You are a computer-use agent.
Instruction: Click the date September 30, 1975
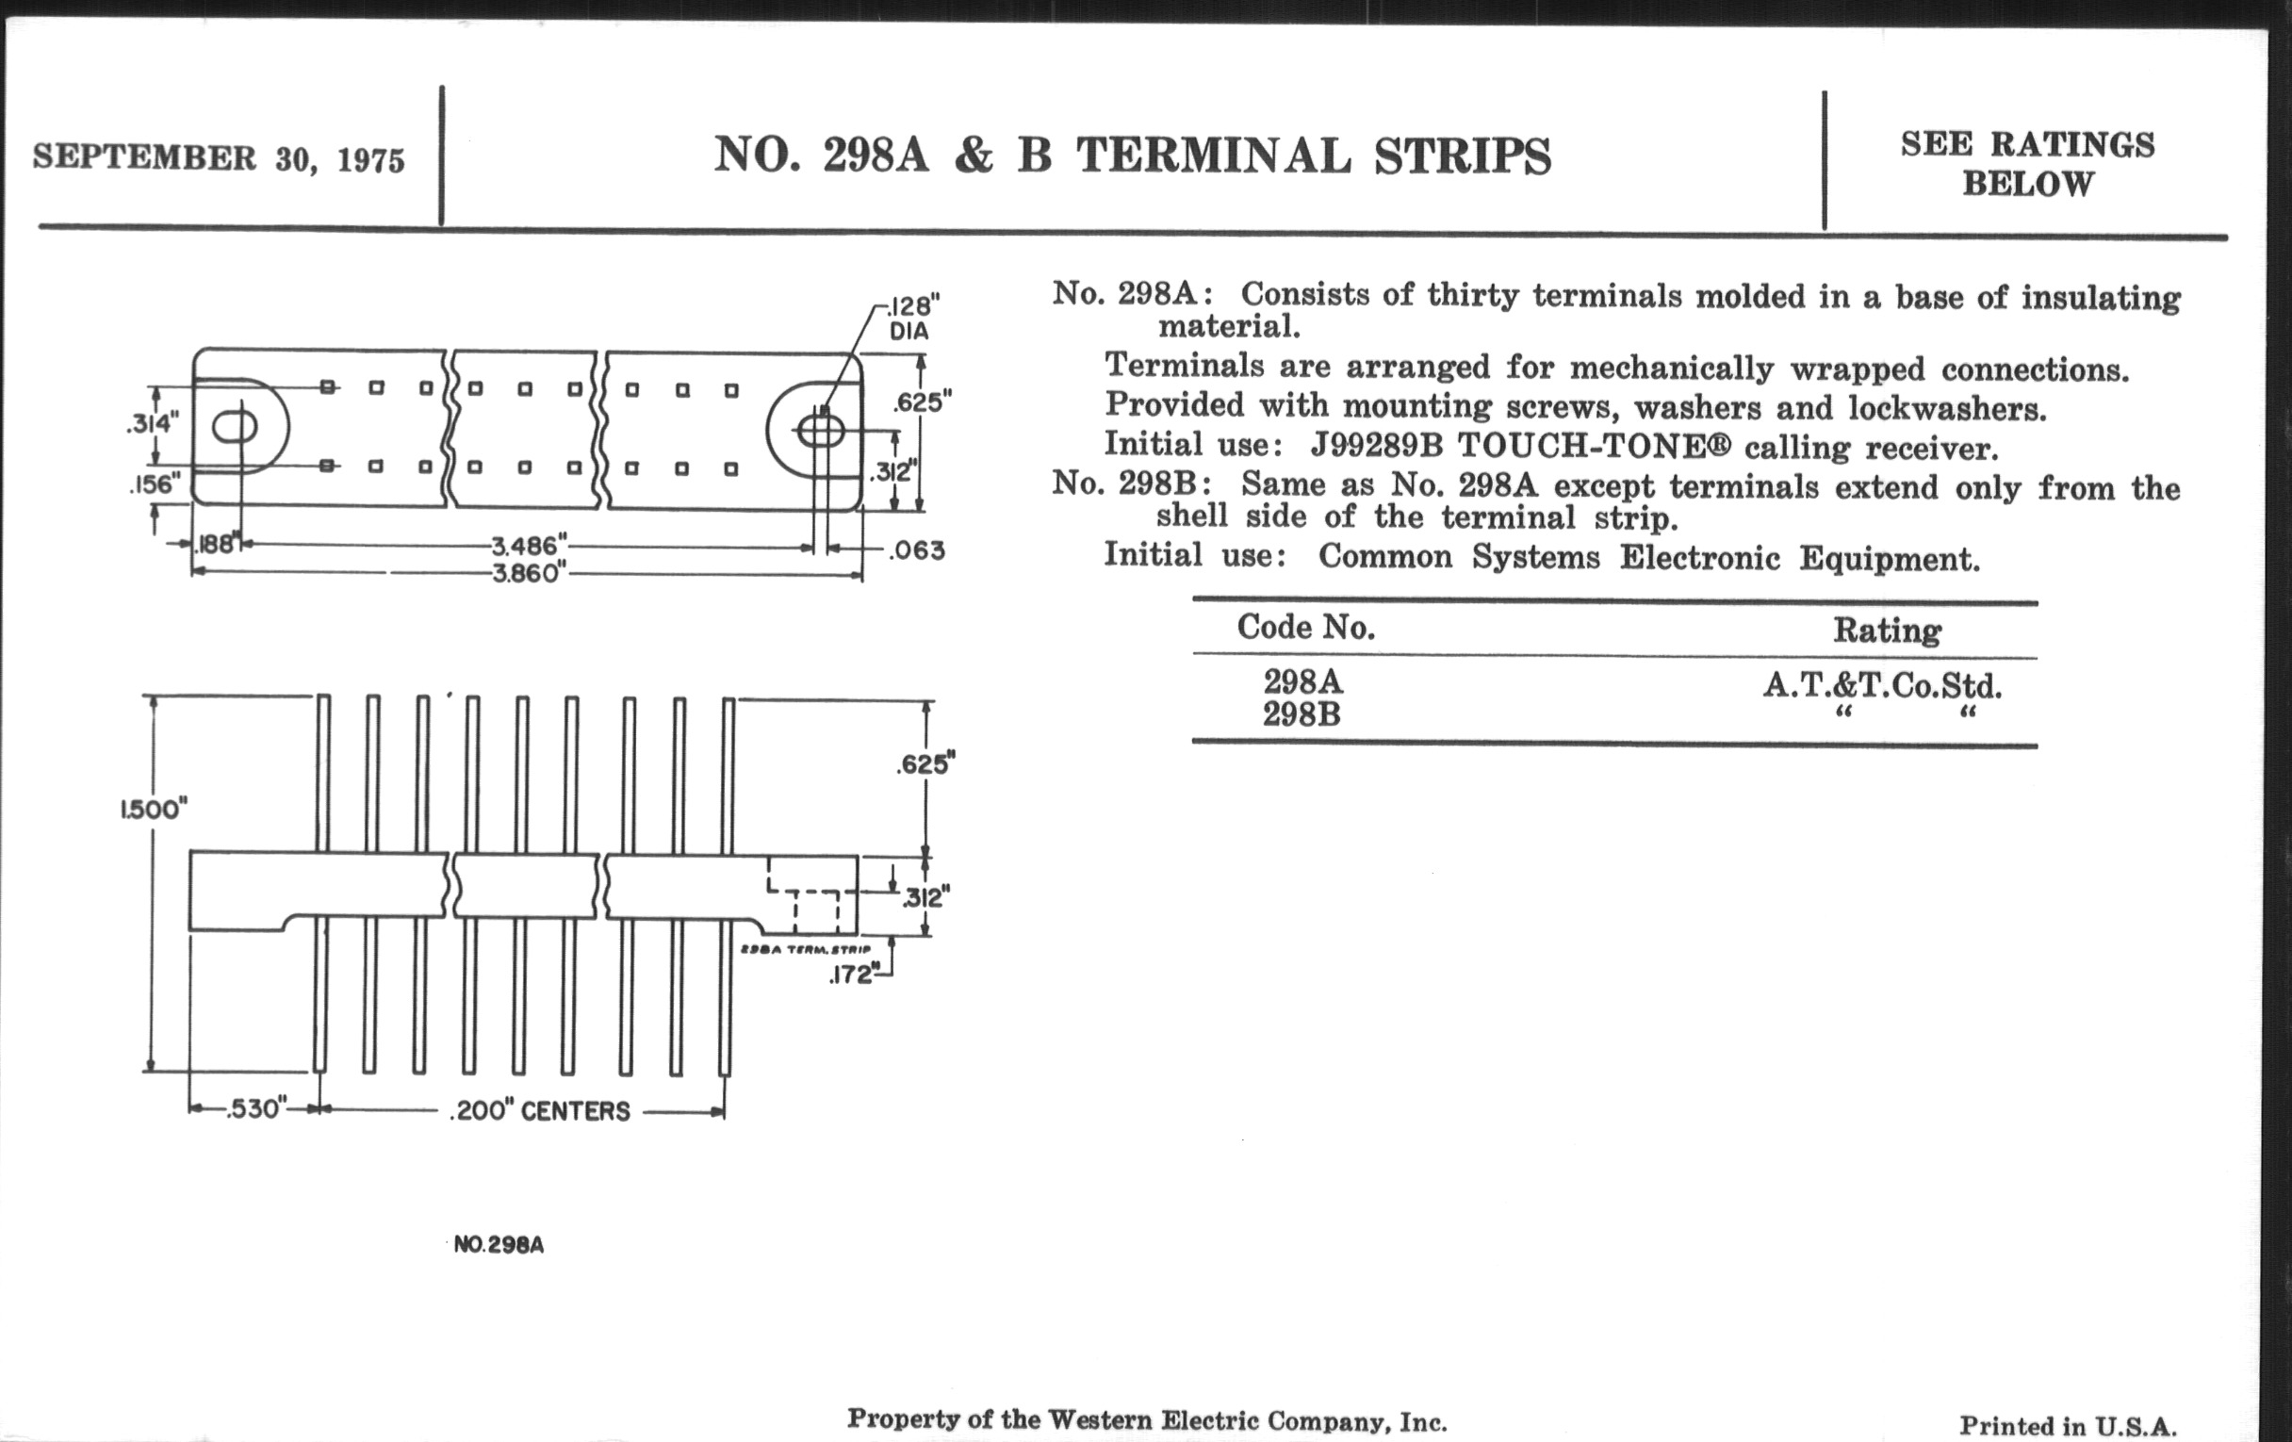coord(219,158)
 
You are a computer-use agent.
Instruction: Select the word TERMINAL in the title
coord(1214,156)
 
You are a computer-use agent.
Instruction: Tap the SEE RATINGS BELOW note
coord(2027,164)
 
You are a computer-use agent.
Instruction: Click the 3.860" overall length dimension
coord(530,574)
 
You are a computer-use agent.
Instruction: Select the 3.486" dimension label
coord(530,547)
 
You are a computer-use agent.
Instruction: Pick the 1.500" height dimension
coord(154,809)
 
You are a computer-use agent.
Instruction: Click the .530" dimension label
coord(256,1109)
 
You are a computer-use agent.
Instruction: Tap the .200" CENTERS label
coord(539,1111)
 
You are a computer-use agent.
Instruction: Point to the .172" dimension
coord(852,975)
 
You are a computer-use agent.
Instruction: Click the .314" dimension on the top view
coord(152,422)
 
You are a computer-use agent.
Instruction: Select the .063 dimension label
coord(917,550)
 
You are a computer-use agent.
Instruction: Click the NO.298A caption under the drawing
coord(499,1245)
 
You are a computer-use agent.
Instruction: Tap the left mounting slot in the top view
coord(234,427)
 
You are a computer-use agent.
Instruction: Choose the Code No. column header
coord(1306,628)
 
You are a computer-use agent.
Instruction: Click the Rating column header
coord(1888,631)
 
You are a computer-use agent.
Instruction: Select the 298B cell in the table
coord(1302,713)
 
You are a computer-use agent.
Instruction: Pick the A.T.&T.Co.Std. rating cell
coord(1882,685)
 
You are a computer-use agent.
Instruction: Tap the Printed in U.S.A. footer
coord(2069,1426)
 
